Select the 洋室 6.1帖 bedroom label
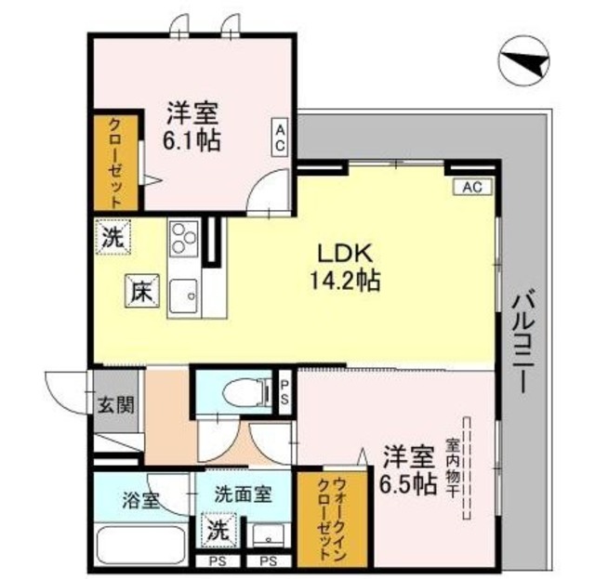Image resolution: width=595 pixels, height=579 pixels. (x=192, y=128)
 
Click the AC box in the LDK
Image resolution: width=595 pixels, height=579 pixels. (x=471, y=187)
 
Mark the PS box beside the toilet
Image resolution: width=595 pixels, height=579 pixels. (x=285, y=390)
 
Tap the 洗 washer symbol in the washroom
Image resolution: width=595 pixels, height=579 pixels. (x=217, y=532)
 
